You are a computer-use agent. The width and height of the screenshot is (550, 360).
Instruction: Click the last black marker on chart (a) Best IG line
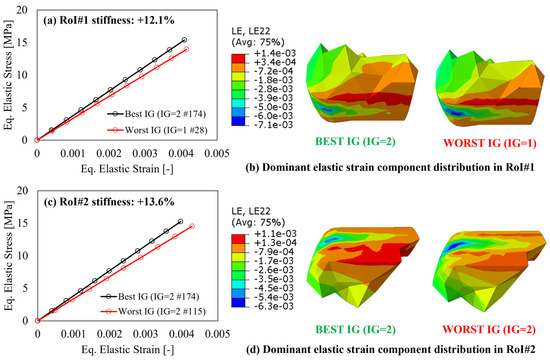[x=183, y=40]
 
